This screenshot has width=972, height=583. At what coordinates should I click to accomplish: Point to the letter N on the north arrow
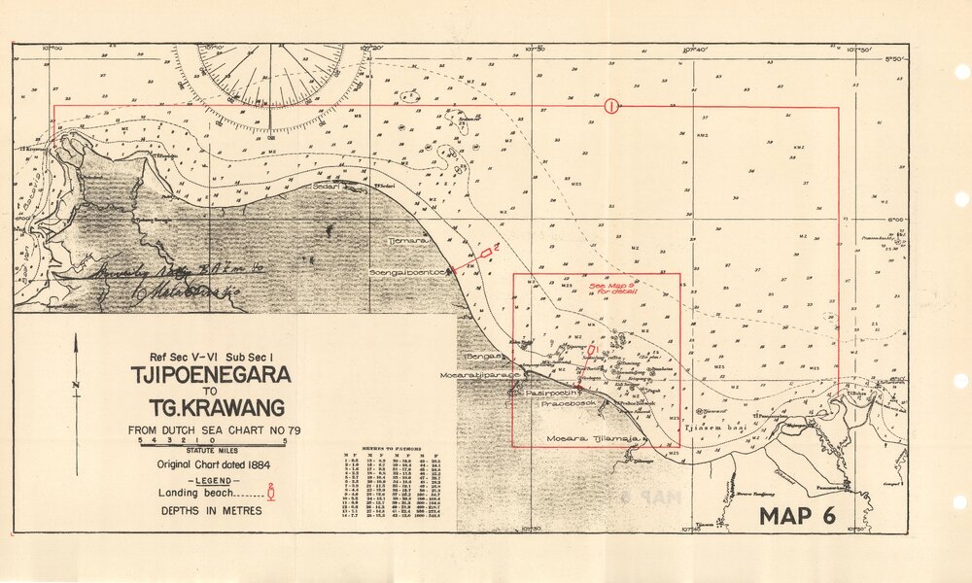(76, 385)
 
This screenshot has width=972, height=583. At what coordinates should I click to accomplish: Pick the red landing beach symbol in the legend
(282, 493)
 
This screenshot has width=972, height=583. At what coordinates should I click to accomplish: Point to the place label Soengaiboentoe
(406, 273)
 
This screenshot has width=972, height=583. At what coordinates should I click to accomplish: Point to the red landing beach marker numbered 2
(485, 253)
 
